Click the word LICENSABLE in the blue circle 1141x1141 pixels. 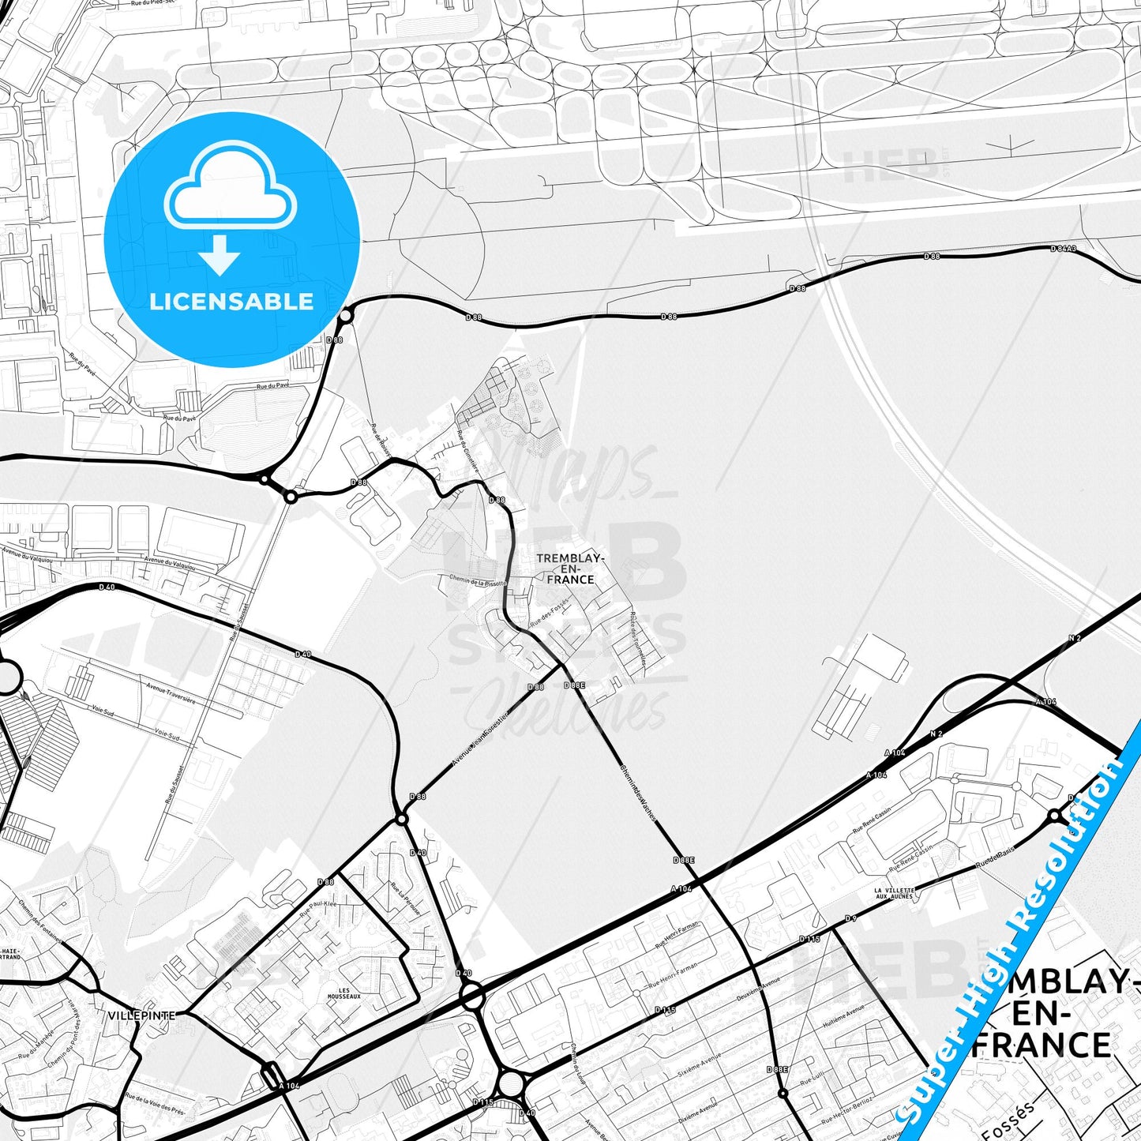(x=231, y=302)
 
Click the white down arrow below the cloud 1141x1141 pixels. (x=220, y=255)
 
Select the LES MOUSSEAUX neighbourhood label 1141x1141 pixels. (x=344, y=993)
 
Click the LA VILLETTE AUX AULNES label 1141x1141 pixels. (x=894, y=893)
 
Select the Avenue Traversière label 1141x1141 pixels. (x=171, y=694)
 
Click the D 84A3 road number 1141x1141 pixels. (x=1063, y=249)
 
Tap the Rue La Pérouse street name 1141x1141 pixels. (x=405, y=897)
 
